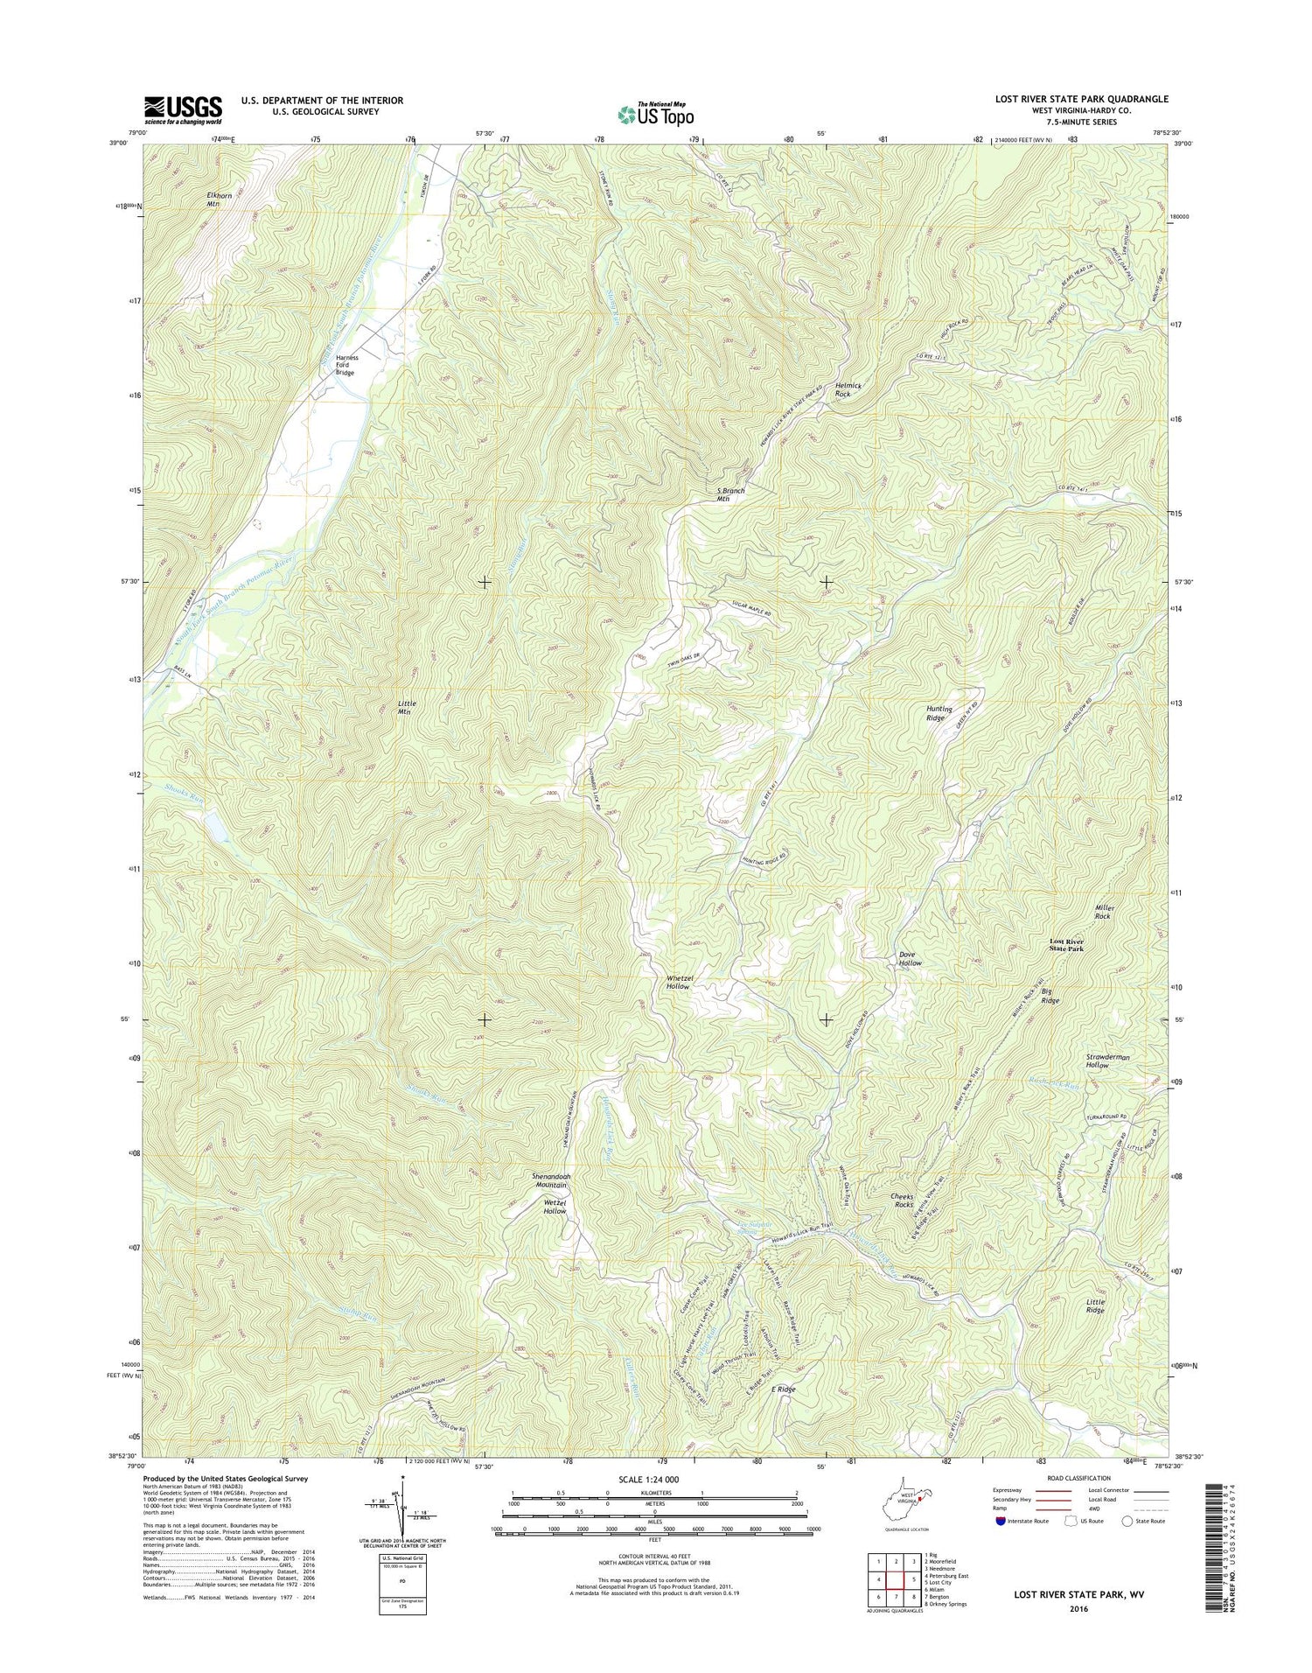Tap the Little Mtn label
(407, 707)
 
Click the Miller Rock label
(1102, 912)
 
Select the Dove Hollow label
(910, 958)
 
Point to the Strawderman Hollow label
(1107, 1060)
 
